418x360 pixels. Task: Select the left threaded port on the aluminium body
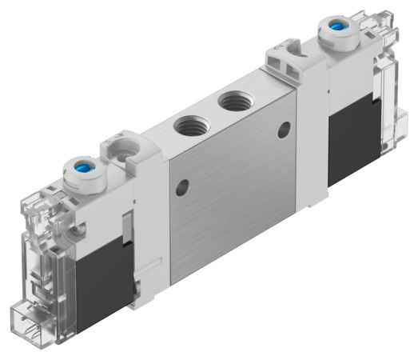[x=189, y=125]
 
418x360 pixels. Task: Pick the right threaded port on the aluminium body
[x=234, y=102]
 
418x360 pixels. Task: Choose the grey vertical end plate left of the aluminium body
[x=152, y=224]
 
